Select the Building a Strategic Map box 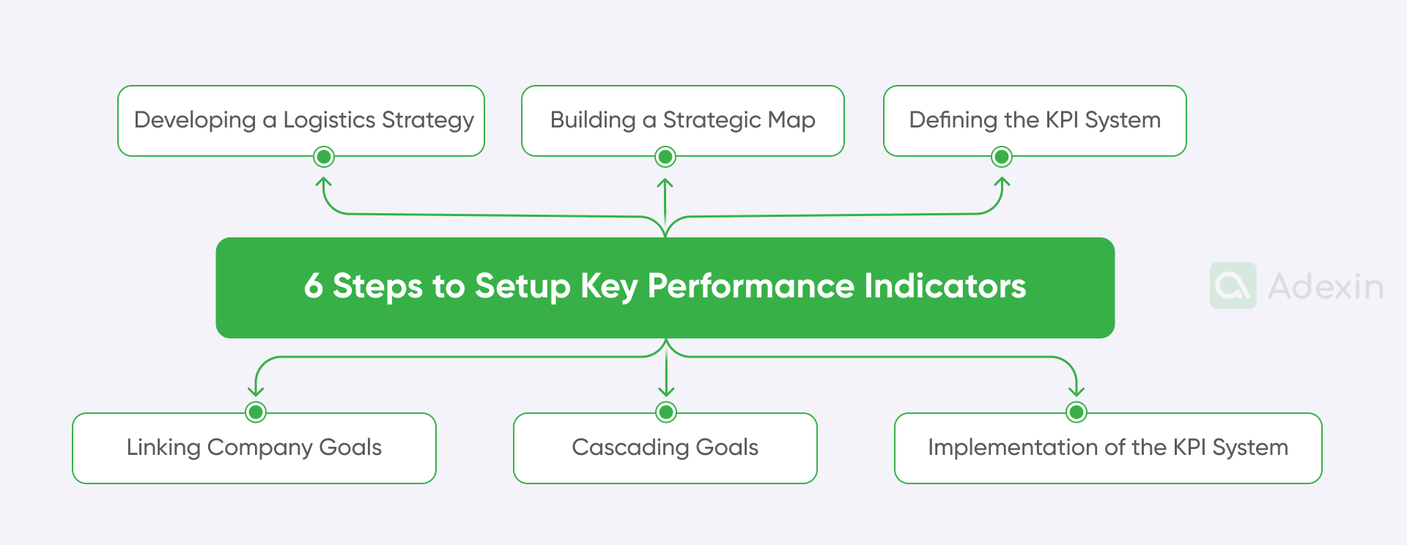click(x=682, y=120)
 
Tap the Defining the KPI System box click(x=1035, y=120)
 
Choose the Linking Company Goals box click(x=254, y=448)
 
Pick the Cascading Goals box click(x=665, y=448)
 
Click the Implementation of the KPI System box click(x=1108, y=448)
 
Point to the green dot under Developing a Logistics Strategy click(x=324, y=157)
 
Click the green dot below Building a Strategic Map click(x=665, y=157)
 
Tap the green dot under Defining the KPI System click(x=1002, y=157)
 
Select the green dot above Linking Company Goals click(x=256, y=412)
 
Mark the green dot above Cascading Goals click(x=666, y=412)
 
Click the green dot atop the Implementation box click(x=1077, y=412)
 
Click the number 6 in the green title click(x=314, y=286)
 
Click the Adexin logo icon click(x=1233, y=286)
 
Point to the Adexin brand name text click(x=1326, y=286)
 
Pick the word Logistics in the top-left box click(x=329, y=120)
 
